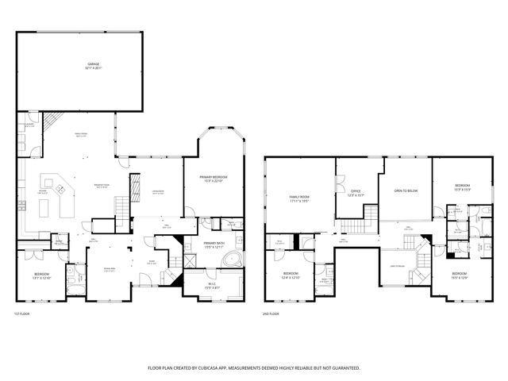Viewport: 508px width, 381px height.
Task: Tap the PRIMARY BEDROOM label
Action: click(214, 177)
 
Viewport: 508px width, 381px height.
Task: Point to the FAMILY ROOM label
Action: click(298, 196)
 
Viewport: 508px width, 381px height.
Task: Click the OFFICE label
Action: click(356, 190)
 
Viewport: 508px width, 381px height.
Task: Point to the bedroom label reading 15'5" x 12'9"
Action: click(459, 274)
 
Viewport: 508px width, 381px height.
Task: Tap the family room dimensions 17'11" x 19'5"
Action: click(298, 201)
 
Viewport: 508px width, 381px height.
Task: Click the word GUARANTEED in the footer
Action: click(344, 368)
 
